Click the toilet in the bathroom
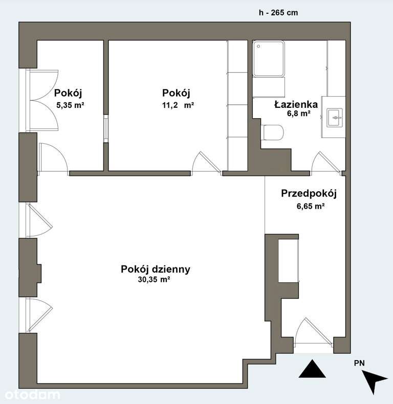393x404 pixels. [273, 133]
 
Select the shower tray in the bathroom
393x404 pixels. [269, 59]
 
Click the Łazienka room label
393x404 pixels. [296, 104]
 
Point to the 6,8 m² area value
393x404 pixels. [298, 114]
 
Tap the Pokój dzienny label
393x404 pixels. [156, 269]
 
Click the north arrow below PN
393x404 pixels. [374, 381]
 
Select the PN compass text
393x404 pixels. [359, 363]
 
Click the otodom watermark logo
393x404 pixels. [32, 394]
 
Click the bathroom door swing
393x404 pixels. [325, 163]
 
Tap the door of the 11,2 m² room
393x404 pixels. [207, 162]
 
